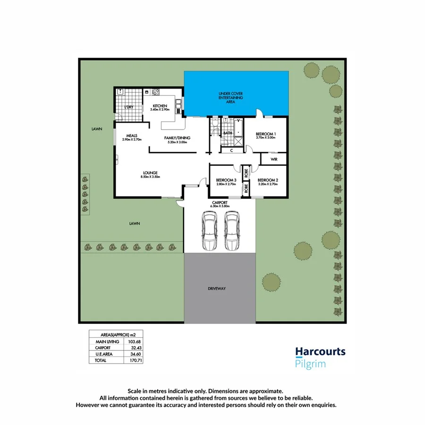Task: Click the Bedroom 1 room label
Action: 266,134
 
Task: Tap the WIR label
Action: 274,160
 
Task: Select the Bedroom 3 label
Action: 225,180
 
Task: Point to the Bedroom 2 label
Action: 268,180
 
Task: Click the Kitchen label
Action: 160,106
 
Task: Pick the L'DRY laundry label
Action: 129,107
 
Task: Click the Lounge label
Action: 151,172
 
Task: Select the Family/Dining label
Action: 176,138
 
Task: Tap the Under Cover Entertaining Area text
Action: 230,98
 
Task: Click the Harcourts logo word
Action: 320,352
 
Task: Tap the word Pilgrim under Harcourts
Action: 310,364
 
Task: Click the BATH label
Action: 228,133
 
